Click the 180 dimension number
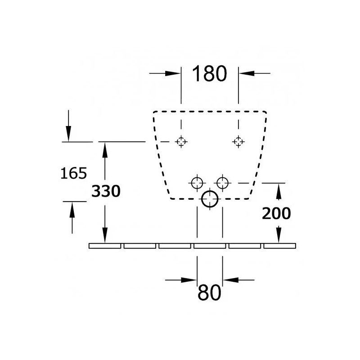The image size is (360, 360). (209, 74)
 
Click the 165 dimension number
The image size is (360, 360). (74, 173)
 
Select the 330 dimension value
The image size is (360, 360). (106, 191)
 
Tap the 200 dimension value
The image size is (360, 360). (276, 213)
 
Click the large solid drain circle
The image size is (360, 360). (210, 199)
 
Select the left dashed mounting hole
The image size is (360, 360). (181, 142)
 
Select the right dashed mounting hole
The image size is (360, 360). (238, 142)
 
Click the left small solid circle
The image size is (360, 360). (197, 183)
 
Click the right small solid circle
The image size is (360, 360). (222, 183)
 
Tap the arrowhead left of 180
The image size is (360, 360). (173, 73)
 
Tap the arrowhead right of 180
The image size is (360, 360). (247, 73)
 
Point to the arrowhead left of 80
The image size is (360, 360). (189, 280)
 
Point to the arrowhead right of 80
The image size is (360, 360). (231, 280)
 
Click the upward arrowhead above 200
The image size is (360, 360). (279, 192)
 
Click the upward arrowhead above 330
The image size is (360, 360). (105, 150)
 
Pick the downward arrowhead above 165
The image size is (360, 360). (68, 134)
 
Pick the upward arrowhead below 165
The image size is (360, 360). (72, 210)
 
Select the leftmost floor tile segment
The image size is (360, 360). (105, 246)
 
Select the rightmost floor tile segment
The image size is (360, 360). (279, 246)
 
